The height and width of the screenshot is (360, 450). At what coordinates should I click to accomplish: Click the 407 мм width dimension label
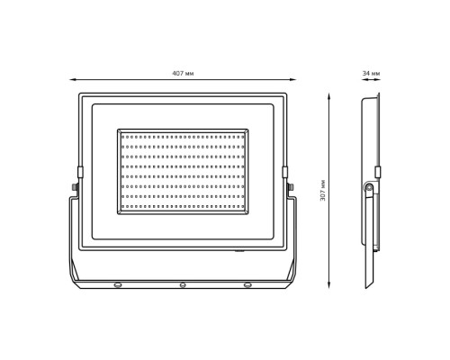pyautogui.click(x=183, y=73)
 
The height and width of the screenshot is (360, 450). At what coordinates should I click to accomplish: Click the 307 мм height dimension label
pyautogui.click(x=323, y=190)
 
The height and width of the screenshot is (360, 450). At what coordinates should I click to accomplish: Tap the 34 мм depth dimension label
pyautogui.click(x=371, y=73)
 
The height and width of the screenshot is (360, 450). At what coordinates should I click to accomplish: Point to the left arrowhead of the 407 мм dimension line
pyautogui.click(x=72, y=80)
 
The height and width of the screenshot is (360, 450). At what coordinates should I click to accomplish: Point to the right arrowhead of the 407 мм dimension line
pyautogui.click(x=293, y=80)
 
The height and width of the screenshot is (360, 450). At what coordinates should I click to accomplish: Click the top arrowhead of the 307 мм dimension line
pyautogui.click(x=329, y=96)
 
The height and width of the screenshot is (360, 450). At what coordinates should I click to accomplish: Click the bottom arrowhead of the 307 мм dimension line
pyautogui.click(x=329, y=285)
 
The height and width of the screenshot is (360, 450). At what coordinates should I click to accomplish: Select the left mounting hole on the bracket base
pyautogui.click(x=118, y=284)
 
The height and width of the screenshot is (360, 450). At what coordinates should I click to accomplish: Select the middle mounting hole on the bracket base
pyautogui.click(x=183, y=284)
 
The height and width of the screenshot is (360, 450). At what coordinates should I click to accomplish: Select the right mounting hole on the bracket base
pyautogui.click(x=247, y=284)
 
